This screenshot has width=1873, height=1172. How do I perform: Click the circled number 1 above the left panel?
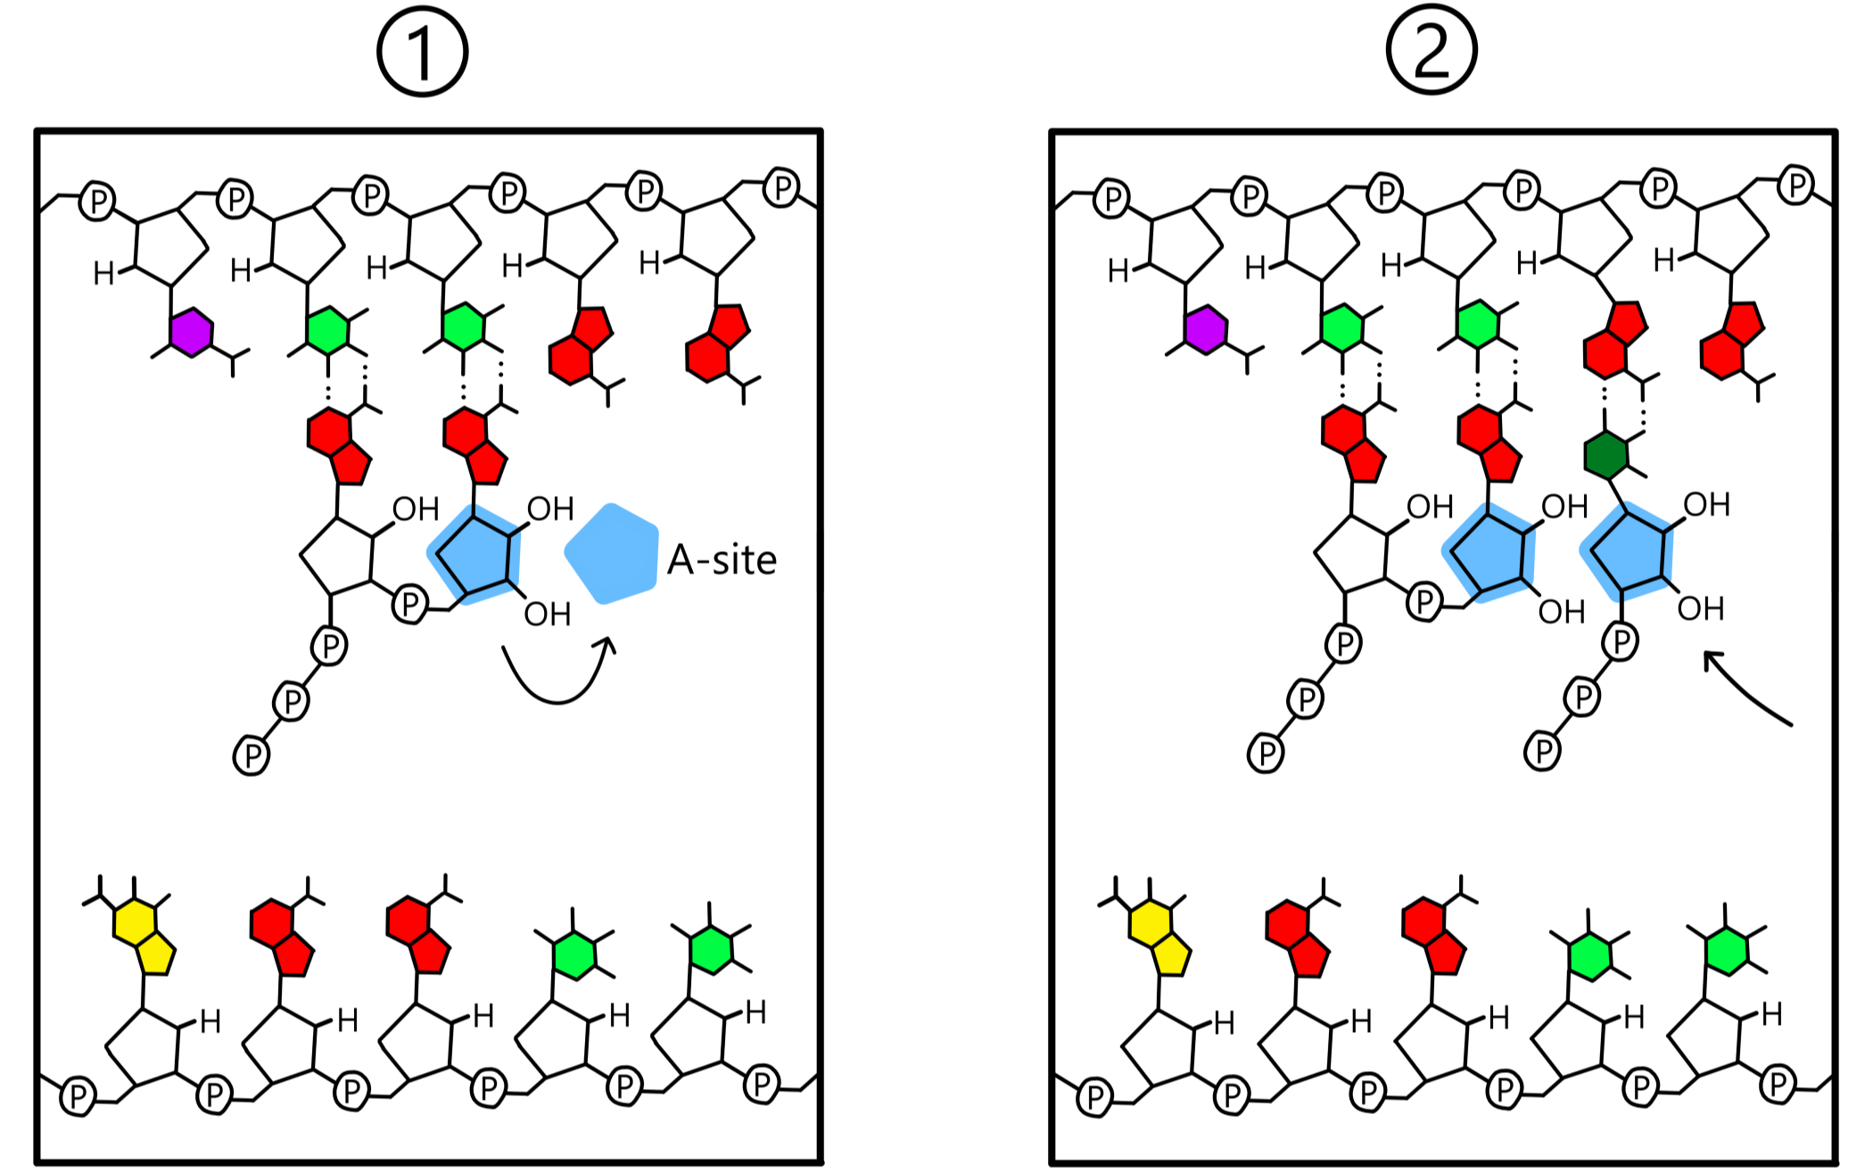point(422,52)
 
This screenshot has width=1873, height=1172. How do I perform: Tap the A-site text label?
point(722,560)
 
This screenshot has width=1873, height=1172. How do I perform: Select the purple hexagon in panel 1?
point(192,333)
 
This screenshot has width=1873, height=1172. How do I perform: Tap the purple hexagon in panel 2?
point(1206,330)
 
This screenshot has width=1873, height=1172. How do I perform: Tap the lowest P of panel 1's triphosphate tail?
point(252,755)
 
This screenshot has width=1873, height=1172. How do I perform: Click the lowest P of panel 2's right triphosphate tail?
point(1542,750)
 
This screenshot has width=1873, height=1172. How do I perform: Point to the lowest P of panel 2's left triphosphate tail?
point(1266,753)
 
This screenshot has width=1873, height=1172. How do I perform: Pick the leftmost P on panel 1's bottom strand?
point(78,1094)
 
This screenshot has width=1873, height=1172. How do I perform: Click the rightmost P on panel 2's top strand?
point(1795,186)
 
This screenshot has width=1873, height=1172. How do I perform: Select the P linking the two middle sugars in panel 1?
point(409,604)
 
